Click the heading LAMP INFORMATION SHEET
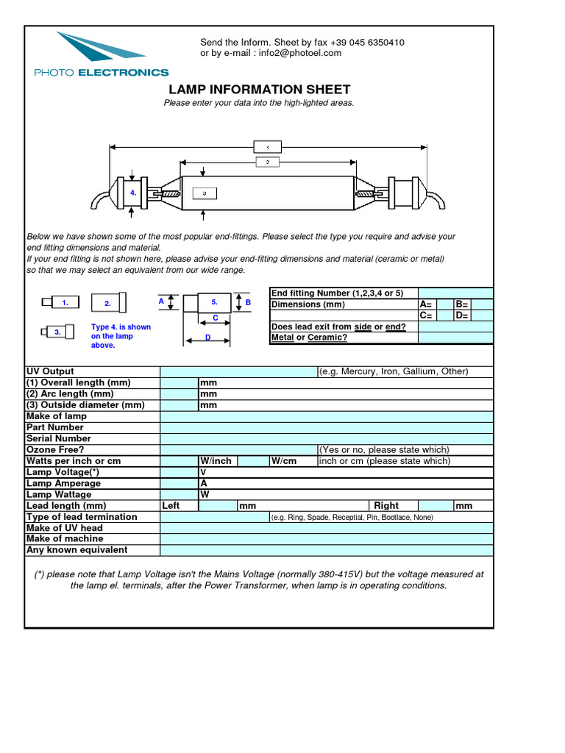pos(260,90)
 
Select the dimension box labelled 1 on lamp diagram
pos(267,147)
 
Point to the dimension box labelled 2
pos(267,161)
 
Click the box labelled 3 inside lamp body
pos(204,193)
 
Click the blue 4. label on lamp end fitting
pos(133,193)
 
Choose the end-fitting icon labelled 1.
pos(59,302)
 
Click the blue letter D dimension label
pos(208,336)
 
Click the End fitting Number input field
pos(455,293)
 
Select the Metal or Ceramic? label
pos(309,338)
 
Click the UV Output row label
pos(50,371)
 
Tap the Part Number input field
pos(327,427)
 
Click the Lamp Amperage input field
pos(179,483)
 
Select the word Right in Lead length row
pos(386,506)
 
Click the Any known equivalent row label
pos(77,550)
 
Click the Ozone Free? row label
pos(55,449)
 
